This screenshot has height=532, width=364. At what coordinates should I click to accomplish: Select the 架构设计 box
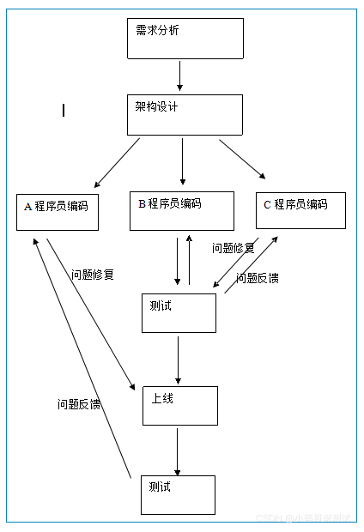[184, 115]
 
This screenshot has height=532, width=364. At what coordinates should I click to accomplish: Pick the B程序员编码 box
[181, 211]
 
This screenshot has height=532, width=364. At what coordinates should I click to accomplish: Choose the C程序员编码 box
[301, 211]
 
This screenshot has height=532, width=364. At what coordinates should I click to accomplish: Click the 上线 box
[179, 406]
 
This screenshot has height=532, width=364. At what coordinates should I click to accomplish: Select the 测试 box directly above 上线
[179, 313]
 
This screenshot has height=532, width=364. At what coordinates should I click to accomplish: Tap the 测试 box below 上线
[178, 494]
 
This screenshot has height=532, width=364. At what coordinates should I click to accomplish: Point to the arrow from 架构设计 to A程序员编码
[118, 163]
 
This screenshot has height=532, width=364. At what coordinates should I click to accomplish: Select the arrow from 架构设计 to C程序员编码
[242, 160]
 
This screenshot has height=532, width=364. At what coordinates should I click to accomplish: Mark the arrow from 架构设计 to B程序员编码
[182, 161]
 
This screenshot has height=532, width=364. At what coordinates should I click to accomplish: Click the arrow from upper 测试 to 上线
[178, 360]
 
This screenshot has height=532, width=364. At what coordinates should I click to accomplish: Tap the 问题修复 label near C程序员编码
[233, 248]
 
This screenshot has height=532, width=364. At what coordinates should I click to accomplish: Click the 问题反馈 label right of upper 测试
[257, 278]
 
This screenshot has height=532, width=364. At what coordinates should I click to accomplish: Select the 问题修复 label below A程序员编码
[93, 275]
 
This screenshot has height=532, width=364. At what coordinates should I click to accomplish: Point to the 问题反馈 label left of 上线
[79, 403]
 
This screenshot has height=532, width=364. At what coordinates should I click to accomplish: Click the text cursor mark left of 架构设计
[64, 110]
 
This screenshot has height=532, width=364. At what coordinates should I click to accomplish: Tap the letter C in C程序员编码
[267, 204]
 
